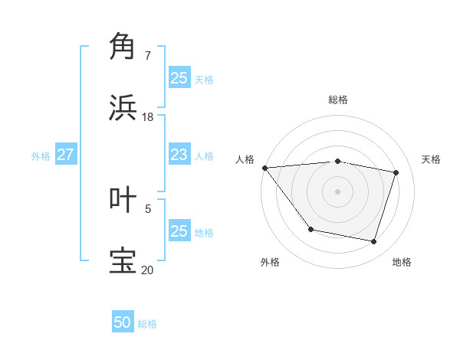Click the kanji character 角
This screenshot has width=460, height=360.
click(123, 47)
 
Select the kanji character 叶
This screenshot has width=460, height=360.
click(123, 199)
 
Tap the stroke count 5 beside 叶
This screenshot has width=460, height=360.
click(148, 208)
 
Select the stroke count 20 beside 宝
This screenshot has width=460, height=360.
click(147, 270)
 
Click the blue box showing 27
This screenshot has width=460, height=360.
click(65, 155)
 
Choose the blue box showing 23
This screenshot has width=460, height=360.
click(179, 155)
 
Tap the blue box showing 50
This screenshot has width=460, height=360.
click(123, 322)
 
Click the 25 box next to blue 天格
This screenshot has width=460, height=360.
click(179, 78)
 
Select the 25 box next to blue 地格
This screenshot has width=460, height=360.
click(179, 231)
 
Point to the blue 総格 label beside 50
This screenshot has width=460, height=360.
click(147, 324)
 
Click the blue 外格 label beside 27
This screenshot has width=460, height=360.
click(41, 155)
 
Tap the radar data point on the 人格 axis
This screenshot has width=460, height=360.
click(264, 168)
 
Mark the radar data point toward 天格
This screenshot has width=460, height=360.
click(396, 172)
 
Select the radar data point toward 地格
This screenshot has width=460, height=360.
click(373, 242)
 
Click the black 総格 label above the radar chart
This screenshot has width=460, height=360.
click(337, 100)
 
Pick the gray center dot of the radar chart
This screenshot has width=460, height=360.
click(337, 191)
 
